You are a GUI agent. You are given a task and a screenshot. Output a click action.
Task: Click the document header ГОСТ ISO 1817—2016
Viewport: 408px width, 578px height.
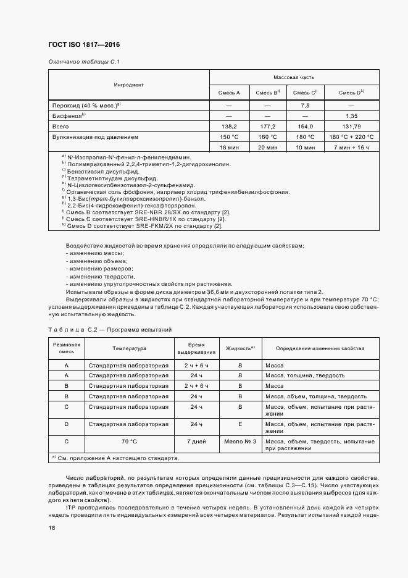pyautogui.click(x=84, y=45)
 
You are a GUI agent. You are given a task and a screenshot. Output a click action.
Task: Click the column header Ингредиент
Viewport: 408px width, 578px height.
pyautogui.click(x=128, y=85)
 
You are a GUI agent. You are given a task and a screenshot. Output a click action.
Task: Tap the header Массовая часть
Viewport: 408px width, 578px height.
pyautogui.click(x=294, y=77)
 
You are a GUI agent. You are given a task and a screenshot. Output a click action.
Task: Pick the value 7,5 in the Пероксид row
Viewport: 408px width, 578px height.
pyautogui.click(x=305, y=104)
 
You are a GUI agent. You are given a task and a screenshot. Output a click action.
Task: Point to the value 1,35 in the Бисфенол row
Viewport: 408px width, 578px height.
pyautogui.click(x=352, y=115)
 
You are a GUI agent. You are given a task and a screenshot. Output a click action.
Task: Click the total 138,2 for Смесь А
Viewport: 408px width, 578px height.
pyautogui.click(x=228, y=126)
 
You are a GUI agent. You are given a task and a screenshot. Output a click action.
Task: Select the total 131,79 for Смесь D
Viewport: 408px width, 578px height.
pyautogui.click(x=352, y=126)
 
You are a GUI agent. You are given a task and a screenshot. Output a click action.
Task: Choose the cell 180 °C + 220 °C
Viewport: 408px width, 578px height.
pyautogui.click(x=352, y=137)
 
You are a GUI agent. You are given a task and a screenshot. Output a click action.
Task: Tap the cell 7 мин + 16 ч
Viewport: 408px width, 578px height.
pyautogui.click(x=352, y=148)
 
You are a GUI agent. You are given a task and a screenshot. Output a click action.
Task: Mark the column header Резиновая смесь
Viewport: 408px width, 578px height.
pyautogui.click(x=66, y=348)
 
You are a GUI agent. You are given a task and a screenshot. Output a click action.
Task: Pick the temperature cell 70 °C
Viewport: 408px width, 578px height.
pyautogui.click(x=128, y=442)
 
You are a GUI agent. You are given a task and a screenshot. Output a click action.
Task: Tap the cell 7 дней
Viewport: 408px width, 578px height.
pyautogui.click(x=196, y=442)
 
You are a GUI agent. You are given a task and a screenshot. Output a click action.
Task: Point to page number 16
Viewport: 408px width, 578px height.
pyautogui.click(x=52, y=527)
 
